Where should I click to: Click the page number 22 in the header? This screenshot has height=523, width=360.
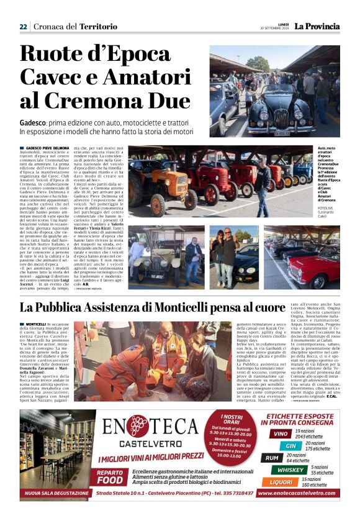[23, 27]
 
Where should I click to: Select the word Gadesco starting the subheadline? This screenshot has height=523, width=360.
[35, 123]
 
